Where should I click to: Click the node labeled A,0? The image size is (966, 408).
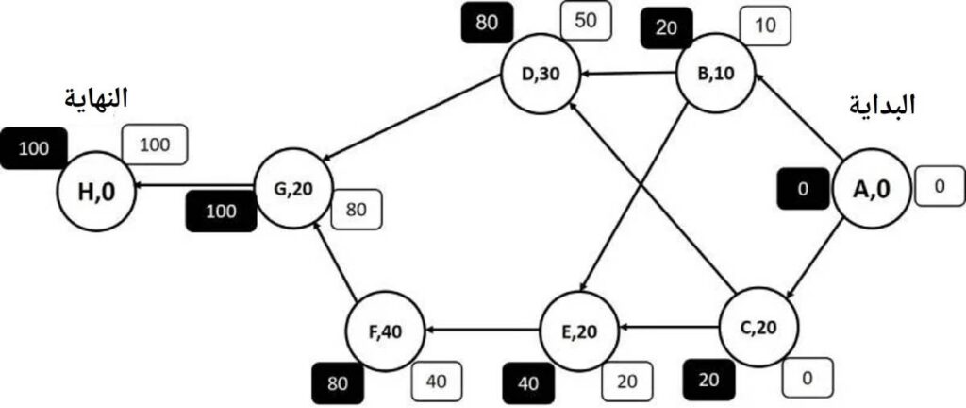871,189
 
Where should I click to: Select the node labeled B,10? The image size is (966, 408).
716,75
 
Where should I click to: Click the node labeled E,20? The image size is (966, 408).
579,331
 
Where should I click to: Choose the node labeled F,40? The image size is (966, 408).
386,331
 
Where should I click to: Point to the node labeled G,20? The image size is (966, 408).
293,187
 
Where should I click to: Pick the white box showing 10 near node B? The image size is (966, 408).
764,26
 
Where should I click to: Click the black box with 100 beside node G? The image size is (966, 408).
221,211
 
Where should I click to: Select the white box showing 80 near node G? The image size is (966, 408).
356,209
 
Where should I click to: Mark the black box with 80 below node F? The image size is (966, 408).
338,382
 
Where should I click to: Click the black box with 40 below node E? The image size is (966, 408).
528,382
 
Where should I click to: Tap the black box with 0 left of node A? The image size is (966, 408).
802,189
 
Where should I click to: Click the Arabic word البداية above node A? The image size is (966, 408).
881,106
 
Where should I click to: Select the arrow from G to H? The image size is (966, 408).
194,185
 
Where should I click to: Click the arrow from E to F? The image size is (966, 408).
483,331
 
